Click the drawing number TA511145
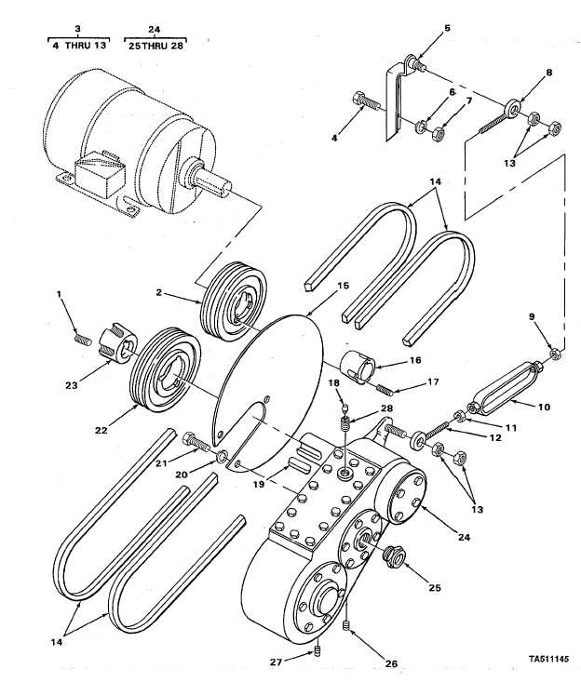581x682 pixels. click(548, 660)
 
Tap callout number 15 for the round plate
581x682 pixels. click(344, 286)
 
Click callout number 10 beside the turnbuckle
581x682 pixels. click(544, 408)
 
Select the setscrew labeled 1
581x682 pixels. click(83, 338)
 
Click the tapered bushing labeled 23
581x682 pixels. click(115, 341)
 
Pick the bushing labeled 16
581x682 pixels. click(357, 366)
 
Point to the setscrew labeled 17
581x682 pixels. click(385, 389)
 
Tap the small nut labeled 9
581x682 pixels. click(555, 354)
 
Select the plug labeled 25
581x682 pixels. click(394, 555)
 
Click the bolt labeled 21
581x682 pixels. click(196, 442)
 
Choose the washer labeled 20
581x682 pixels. click(222, 456)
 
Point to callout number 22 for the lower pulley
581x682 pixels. click(101, 430)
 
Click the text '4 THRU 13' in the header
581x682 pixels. click(79, 46)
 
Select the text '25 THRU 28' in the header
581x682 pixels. click(155, 46)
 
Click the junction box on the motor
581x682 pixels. click(100, 173)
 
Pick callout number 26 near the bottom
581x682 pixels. click(391, 663)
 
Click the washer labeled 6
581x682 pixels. click(419, 127)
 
